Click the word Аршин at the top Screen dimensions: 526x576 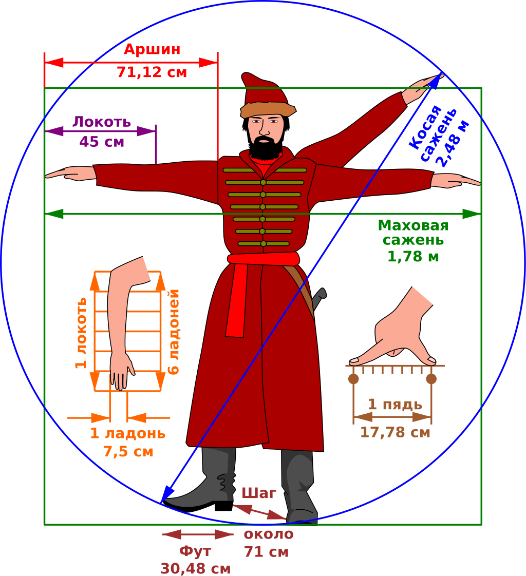pyautogui.click(x=152, y=49)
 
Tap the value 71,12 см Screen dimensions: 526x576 pyautogui.click(x=152, y=72)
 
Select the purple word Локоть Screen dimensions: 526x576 pyautogui.click(x=102, y=122)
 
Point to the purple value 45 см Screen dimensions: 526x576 pyautogui.click(x=102, y=141)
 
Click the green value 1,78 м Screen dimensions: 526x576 pyautogui.click(x=413, y=256)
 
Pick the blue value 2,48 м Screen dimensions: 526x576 pyautogui.click(x=455, y=143)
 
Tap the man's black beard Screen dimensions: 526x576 pyautogui.click(x=266, y=146)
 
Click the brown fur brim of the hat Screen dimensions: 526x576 pyautogui.click(x=268, y=109)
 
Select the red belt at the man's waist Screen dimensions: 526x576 pyautogui.click(x=263, y=259)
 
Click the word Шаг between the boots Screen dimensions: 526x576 pyautogui.click(x=258, y=493)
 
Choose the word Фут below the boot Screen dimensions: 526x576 pyautogui.click(x=195, y=551)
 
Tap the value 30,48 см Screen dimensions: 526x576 pyautogui.click(x=196, y=569)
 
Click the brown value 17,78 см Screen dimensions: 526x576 pyautogui.click(x=395, y=432)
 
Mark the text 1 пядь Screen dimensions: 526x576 pyautogui.click(x=395, y=404)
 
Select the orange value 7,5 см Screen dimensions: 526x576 pyautogui.click(x=128, y=451)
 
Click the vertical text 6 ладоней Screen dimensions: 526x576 pyautogui.click(x=173, y=332)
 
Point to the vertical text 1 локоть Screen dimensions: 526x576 pyautogui.click(x=81, y=333)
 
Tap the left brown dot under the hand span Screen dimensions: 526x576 pyautogui.click(x=353, y=379)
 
